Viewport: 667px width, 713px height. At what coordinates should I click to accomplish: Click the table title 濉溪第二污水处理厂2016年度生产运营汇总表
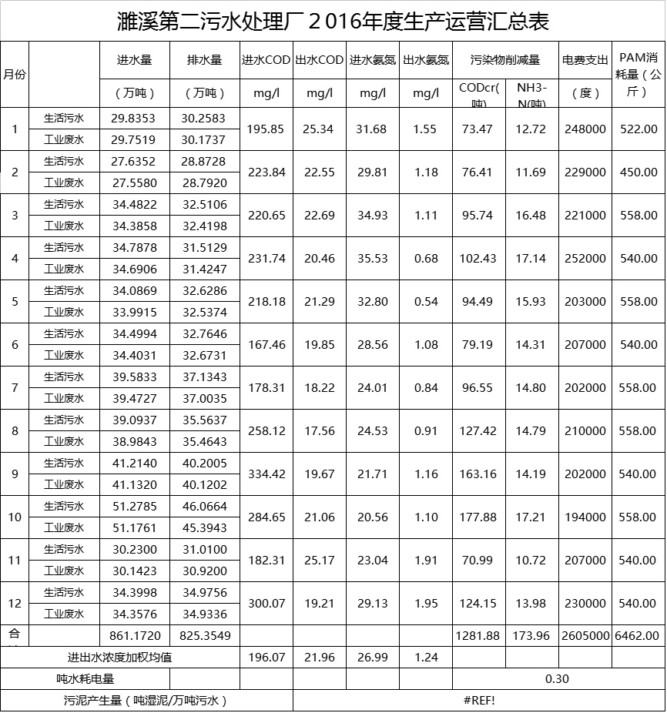(x=333, y=20)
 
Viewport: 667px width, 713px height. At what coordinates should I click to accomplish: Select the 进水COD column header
(x=266, y=60)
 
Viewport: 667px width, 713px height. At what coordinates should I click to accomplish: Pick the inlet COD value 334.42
(x=266, y=474)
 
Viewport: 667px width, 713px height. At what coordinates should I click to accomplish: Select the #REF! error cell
(x=479, y=701)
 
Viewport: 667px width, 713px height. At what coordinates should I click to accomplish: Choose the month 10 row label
(x=14, y=517)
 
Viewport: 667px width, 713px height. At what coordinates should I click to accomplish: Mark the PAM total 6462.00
(x=639, y=636)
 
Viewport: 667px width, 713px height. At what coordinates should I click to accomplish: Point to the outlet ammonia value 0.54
(x=426, y=301)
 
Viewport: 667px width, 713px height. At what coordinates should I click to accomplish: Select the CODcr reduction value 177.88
(x=479, y=517)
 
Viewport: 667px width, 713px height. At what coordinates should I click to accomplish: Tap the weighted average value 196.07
(x=266, y=658)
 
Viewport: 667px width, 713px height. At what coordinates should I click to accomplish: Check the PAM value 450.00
(x=639, y=172)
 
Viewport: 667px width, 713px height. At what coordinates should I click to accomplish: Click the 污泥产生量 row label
(x=146, y=701)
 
